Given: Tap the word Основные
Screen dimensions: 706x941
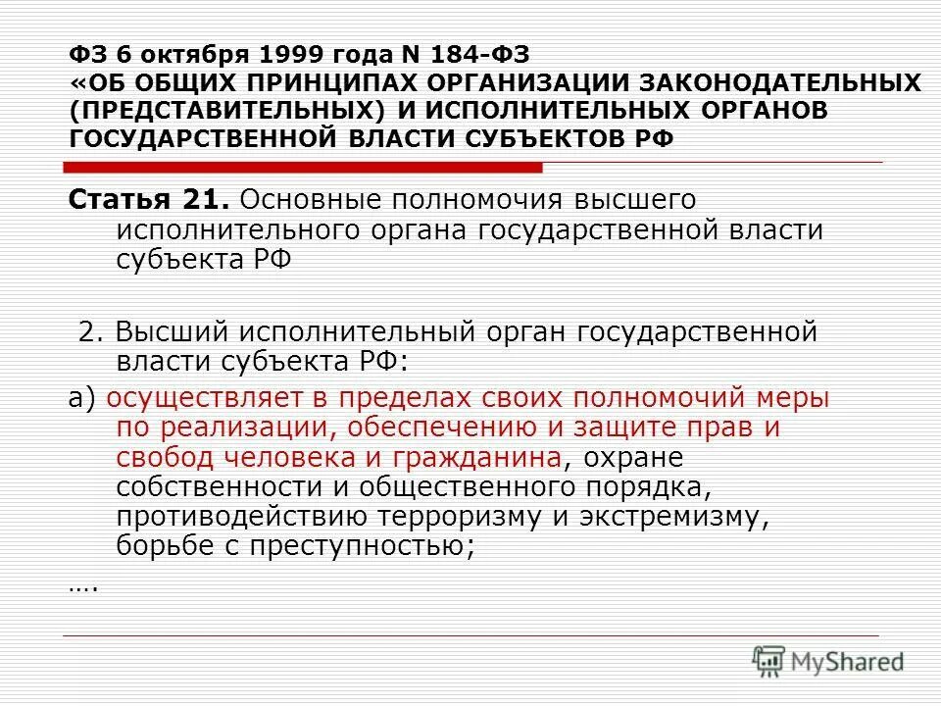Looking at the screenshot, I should click(x=310, y=200).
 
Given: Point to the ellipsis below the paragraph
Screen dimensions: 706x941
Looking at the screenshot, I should click(x=83, y=586).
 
